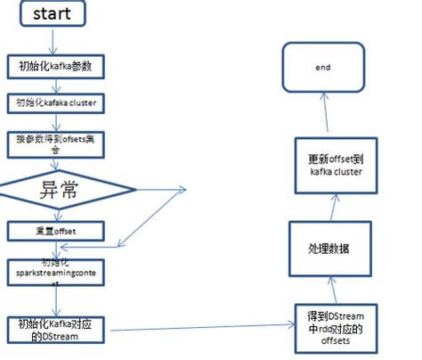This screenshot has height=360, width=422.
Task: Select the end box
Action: coord(321,67)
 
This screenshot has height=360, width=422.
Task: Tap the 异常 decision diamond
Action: coord(68,189)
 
